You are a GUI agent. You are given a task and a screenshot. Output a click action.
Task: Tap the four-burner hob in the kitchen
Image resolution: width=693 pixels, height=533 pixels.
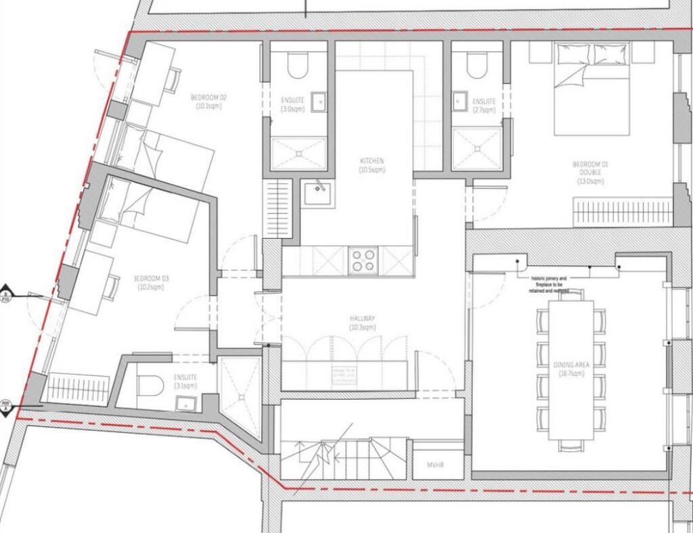[364, 260]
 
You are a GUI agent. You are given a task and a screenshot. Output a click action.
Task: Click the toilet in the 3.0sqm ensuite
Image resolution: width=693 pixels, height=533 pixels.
[298, 65]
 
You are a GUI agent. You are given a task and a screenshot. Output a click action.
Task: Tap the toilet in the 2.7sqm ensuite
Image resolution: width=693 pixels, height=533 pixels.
[478, 65]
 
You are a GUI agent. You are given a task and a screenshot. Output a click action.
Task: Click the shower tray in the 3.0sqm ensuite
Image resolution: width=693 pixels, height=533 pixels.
[298, 154]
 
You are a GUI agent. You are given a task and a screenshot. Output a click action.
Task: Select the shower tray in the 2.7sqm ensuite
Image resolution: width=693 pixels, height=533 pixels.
[477, 148]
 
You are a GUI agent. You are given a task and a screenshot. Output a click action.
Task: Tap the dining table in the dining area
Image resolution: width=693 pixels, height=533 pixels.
[571, 369]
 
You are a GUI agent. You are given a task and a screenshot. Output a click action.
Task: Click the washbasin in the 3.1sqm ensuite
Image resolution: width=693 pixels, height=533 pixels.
[185, 404]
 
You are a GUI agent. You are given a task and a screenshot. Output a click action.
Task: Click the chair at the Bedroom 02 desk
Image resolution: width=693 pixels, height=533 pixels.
[175, 79]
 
